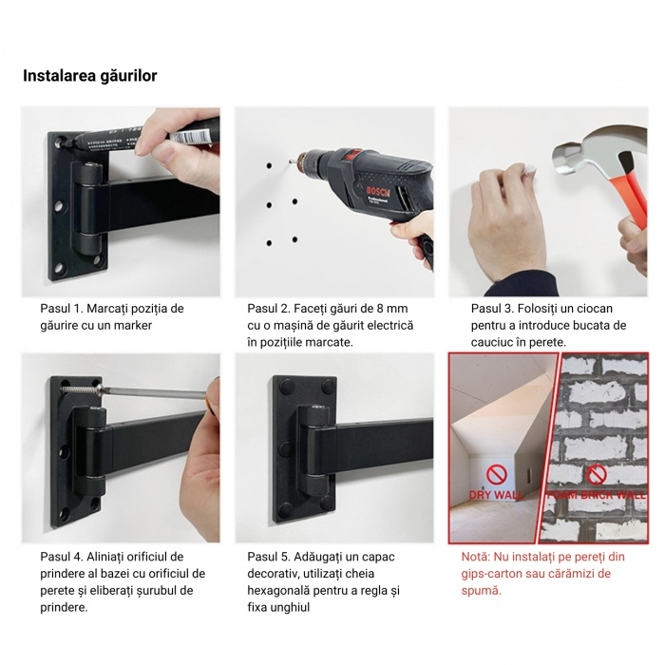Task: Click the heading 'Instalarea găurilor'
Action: point(90,76)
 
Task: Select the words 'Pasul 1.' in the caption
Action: point(63,309)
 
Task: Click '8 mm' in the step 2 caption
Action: point(389,309)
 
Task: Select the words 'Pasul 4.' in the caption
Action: point(63,557)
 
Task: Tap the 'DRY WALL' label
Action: point(493,495)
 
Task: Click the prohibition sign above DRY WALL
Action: point(494,473)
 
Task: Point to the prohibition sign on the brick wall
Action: point(596,474)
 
